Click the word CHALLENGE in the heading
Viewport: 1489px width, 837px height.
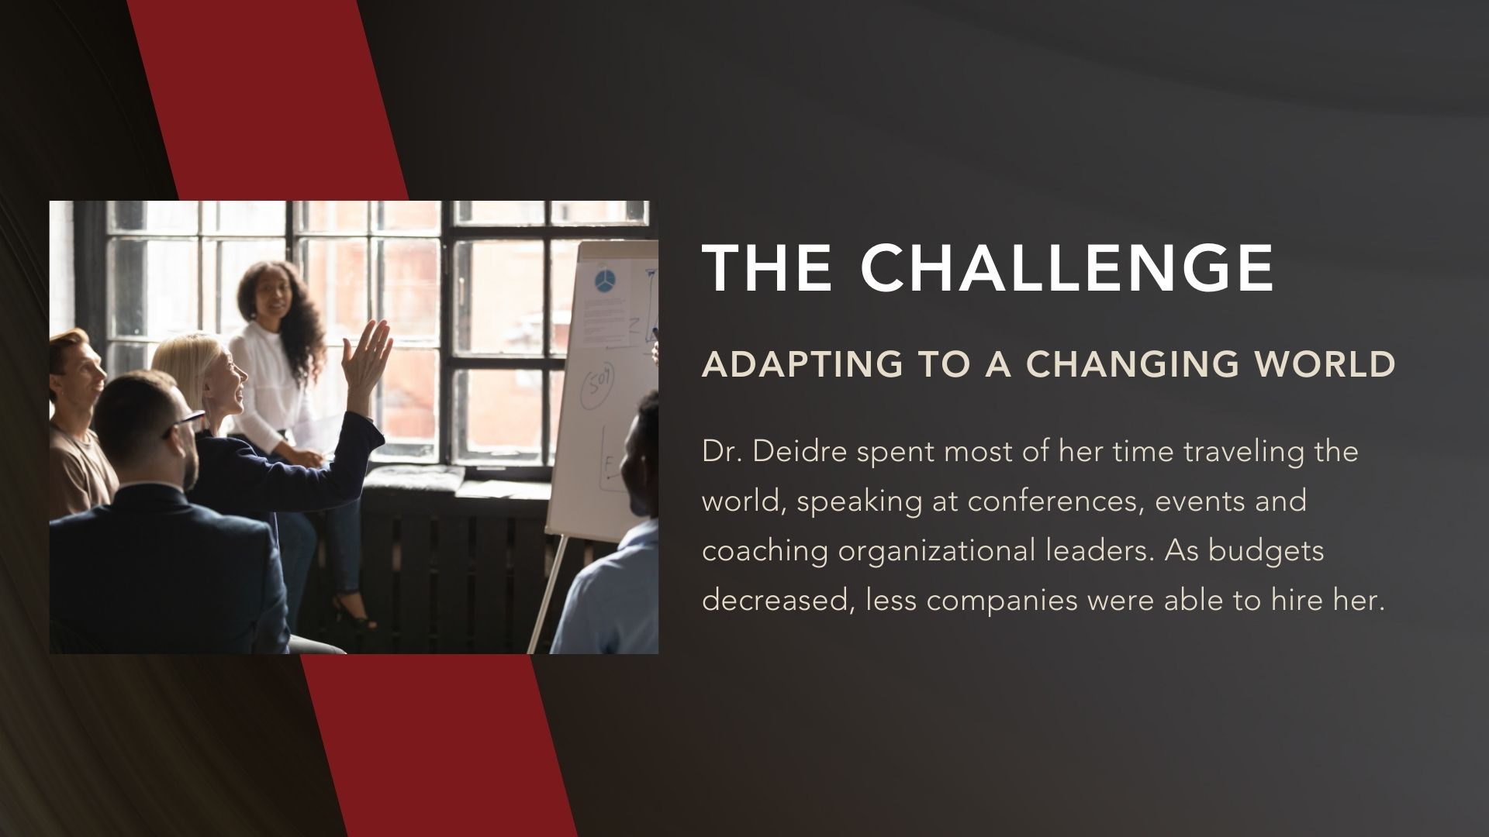(1067, 267)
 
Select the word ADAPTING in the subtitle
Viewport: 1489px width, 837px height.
(803, 364)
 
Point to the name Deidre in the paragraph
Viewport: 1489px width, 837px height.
(800, 451)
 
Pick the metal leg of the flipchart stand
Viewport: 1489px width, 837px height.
(546, 592)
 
